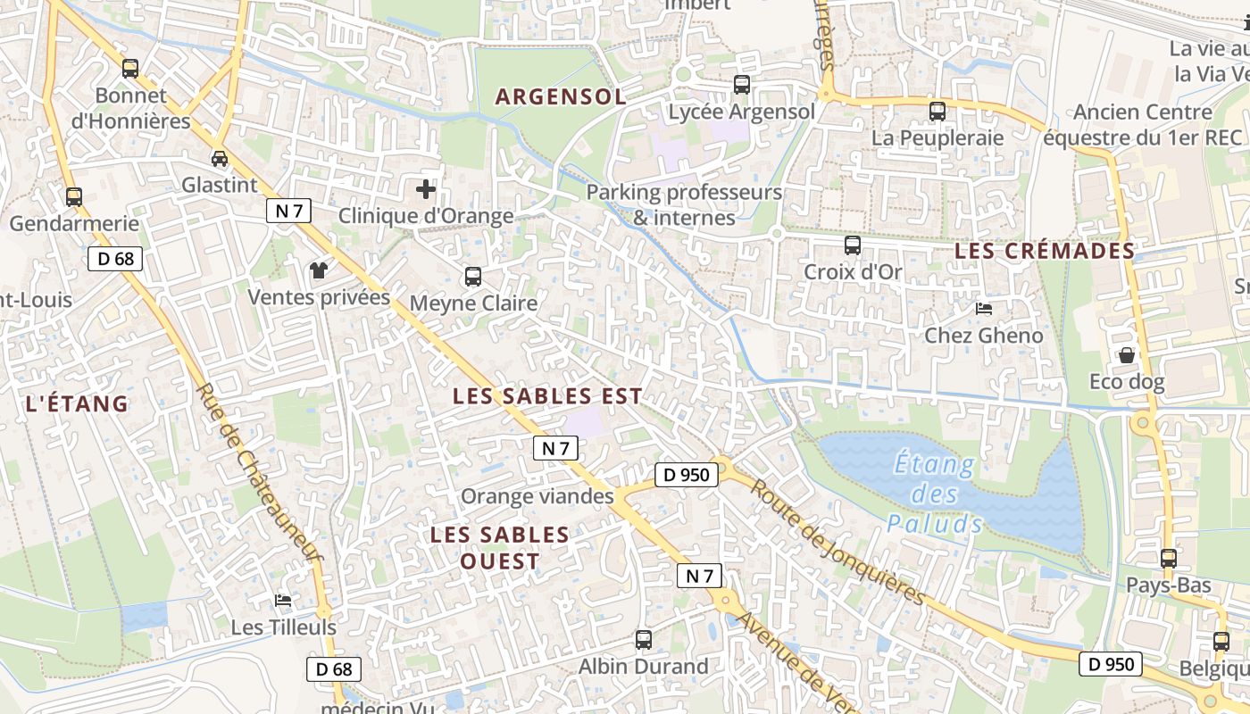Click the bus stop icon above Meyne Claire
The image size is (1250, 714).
click(x=473, y=277)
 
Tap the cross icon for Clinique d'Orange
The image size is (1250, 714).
click(x=426, y=189)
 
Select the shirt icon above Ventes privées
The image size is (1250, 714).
click(x=318, y=270)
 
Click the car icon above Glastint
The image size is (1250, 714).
click(x=219, y=159)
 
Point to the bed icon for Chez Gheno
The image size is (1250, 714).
click(x=984, y=309)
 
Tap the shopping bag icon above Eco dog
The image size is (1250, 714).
click(x=1127, y=355)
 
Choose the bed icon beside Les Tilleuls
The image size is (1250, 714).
click(x=283, y=600)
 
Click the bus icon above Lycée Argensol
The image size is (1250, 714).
click(x=742, y=85)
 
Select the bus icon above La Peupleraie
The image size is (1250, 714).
click(x=937, y=112)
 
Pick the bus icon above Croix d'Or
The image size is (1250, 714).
click(x=853, y=245)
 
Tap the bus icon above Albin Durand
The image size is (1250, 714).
click(x=644, y=639)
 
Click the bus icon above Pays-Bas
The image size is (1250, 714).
click(x=1168, y=559)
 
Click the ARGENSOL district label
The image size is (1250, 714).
click(x=561, y=97)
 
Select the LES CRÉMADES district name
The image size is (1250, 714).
click(x=1044, y=251)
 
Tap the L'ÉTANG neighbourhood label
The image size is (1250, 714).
click(x=78, y=404)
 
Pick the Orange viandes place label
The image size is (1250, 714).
click(x=537, y=496)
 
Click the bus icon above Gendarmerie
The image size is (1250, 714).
click(x=74, y=196)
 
